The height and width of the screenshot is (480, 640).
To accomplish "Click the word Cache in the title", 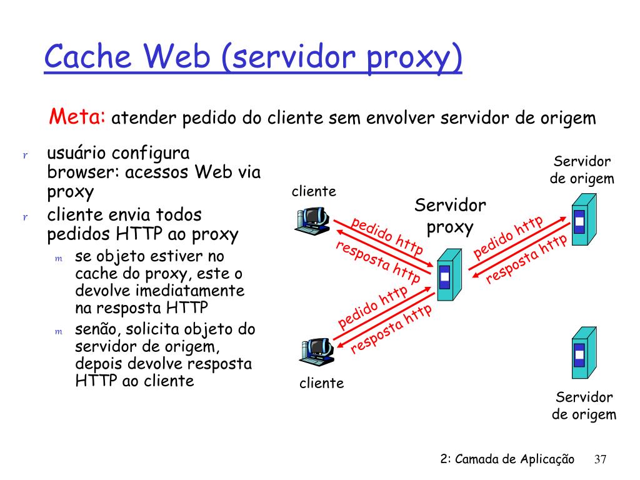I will [88, 58].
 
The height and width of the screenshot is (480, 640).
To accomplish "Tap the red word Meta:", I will [78, 116].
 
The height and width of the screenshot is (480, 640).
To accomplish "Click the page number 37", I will [600, 459].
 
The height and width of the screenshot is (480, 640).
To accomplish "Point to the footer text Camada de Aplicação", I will [514, 459].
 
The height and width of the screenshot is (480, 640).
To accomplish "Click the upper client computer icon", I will [312, 219].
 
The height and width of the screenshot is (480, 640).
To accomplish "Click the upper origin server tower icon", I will [582, 219].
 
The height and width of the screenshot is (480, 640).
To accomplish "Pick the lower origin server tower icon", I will [582, 353].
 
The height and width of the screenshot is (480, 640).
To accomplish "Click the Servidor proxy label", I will [450, 216].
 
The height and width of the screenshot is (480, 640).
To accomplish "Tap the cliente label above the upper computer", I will [314, 191].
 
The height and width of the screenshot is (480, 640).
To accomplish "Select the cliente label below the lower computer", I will [321, 383].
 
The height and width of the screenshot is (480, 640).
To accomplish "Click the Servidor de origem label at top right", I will [582, 170].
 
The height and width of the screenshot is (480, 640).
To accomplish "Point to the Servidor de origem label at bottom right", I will [584, 406].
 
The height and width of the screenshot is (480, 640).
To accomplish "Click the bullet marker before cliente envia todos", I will [26, 217].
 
